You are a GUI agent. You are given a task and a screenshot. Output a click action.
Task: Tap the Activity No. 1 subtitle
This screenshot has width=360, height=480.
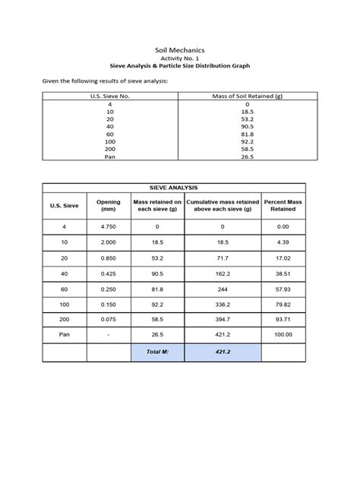pos(179,58)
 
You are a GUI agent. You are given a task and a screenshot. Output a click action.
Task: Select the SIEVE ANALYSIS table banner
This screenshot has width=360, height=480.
pos(174,185)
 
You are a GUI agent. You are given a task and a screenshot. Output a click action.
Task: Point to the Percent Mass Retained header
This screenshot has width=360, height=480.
pos(283,205)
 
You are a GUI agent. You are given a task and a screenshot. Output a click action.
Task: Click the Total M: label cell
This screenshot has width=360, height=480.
pos(157,353)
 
